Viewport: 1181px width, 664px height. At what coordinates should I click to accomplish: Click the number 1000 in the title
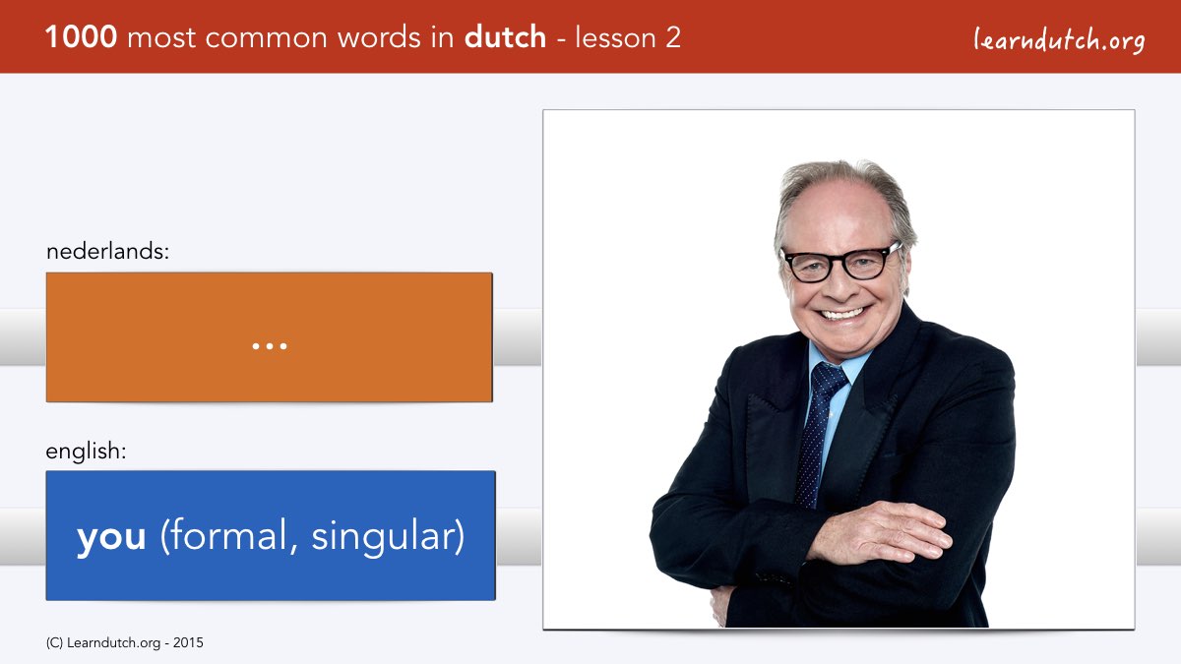tap(81, 37)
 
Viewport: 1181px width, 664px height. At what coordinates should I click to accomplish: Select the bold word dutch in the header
tap(505, 37)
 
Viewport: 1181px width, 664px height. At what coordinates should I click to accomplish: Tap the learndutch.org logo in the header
tap(1059, 39)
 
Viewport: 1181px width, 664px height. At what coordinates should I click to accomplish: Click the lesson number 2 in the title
tap(673, 37)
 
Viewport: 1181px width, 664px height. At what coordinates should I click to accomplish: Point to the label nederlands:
tap(107, 251)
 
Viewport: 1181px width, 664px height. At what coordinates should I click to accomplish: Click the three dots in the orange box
tap(270, 346)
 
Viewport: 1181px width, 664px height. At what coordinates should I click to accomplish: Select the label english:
tap(86, 452)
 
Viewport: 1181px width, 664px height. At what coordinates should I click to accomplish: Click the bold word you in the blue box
tap(111, 537)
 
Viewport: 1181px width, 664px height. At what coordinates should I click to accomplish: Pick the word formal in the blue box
tap(228, 535)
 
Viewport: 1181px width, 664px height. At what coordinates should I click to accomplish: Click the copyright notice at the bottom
tap(124, 643)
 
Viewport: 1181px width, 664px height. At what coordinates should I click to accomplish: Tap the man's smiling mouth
tap(842, 314)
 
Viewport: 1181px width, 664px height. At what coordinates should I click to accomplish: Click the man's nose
tap(839, 284)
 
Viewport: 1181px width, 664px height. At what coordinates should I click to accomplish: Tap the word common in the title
tap(267, 38)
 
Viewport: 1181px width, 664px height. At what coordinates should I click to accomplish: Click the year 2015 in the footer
tap(188, 643)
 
